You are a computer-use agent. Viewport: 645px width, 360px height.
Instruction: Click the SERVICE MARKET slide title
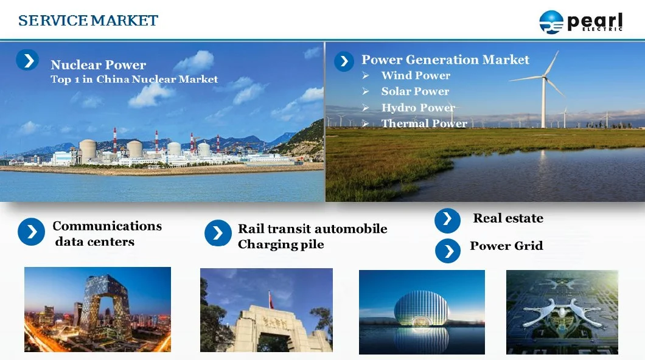click(x=88, y=21)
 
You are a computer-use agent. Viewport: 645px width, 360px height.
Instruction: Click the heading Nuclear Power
click(x=98, y=65)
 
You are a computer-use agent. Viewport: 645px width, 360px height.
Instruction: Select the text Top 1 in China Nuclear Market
click(x=134, y=79)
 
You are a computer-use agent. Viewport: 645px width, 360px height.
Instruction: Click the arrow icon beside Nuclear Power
click(x=27, y=60)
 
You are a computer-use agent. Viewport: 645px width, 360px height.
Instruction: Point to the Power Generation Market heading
click(x=445, y=60)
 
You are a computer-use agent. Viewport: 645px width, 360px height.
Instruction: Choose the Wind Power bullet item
click(x=416, y=75)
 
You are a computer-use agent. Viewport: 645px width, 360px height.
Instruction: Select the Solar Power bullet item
click(x=415, y=91)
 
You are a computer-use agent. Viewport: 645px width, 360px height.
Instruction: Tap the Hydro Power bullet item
click(x=417, y=108)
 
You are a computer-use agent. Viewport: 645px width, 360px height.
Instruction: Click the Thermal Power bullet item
click(x=424, y=123)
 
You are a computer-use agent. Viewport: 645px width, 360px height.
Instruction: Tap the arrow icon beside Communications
click(x=32, y=232)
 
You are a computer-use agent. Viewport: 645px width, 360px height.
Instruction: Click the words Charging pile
click(x=281, y=244)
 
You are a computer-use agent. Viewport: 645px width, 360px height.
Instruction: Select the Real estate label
click(x=508, y=218)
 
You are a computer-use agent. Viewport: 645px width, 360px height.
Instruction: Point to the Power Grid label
click(x=506, y=246)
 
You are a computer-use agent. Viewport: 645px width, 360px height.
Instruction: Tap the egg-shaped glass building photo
click(x=422, y=311)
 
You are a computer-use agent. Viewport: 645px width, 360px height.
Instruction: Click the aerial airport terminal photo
click(x=562, y=312)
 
